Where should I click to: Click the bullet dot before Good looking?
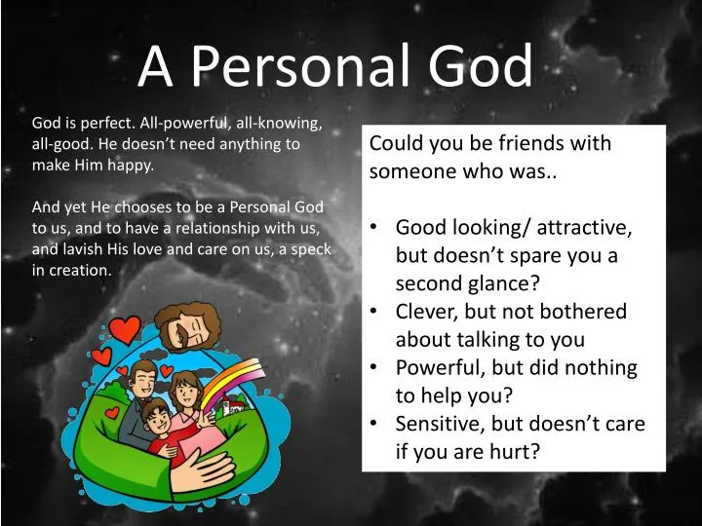374,228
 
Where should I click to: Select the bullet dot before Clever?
374,313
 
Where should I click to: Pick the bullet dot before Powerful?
374,368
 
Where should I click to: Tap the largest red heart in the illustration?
125,330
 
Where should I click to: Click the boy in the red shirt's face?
155,416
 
